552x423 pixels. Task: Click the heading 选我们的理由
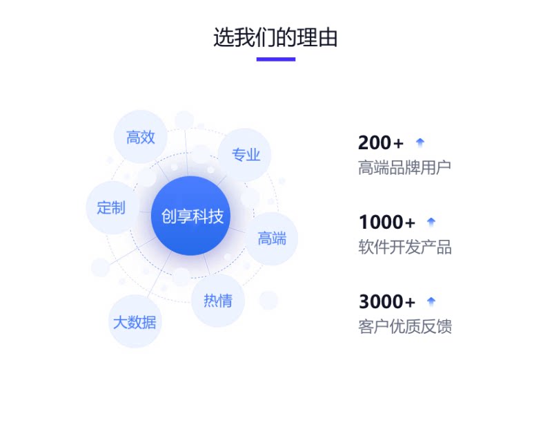click(x=275, y=37)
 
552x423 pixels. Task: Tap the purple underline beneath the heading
click(x=275, y=59)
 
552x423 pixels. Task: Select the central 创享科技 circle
click(x=191, y=216)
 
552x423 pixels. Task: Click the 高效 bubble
click(x=141, y=137)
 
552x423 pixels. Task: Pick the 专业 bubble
click(x=245, y=155)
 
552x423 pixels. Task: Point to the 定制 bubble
click(x=112, y=207)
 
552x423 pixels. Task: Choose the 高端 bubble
click(x=271, y=238)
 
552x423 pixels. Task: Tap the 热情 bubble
click(x=218, y=301)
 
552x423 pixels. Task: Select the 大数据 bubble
click(x=135, y=322)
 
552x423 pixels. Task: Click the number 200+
click(x=381, y=143)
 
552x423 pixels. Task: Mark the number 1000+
click(x=387, y=223)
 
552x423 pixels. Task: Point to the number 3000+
click(x=387, y=302)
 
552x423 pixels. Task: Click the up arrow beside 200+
click(x=420, y=142)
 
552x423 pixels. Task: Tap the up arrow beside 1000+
click(x=431, y=222)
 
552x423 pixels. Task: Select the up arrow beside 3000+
click(x=431, y=301)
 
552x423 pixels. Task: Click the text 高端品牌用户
click(x=404, y=167)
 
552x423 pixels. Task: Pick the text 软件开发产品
click(x=405, y=247)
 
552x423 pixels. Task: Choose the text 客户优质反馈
click(x=405, y=326)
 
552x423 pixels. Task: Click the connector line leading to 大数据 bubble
click(x=160, y=274)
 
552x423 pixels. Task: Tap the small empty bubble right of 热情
click(x=268, y=301)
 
